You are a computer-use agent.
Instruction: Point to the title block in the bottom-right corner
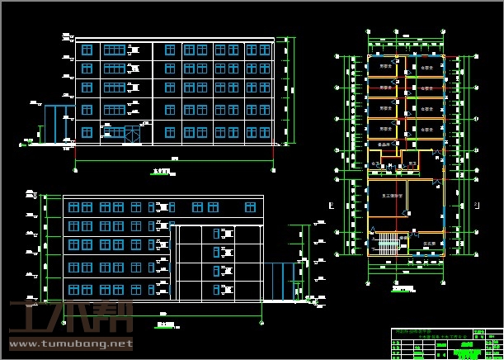[x=445, y=343]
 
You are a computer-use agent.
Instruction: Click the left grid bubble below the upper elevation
[x=76, y=169]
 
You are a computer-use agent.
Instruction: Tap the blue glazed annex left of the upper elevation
[x=59, y=124]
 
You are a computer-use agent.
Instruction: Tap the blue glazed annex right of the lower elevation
[x=281, y=281]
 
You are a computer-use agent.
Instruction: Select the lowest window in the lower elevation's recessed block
[x=220, y=288]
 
